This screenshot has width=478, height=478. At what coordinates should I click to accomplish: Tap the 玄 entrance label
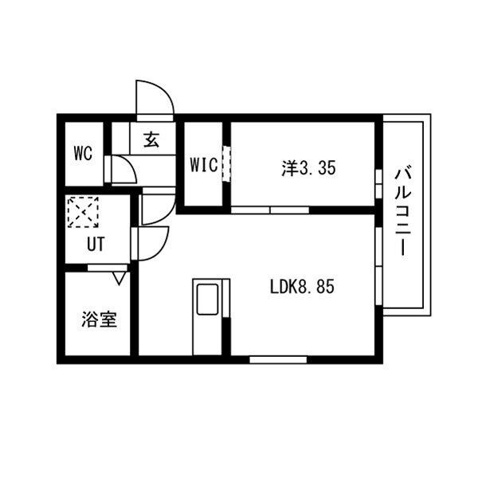pos(151,140)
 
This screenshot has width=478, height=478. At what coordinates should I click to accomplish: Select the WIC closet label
pos(202,166)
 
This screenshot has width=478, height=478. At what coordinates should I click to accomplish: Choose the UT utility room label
pos(96,245)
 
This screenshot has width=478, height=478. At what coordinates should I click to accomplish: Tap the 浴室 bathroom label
pos(100,320)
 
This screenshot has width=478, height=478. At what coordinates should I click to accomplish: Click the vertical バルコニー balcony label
pos(404,210)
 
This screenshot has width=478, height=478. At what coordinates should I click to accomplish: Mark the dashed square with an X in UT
pos(82,211)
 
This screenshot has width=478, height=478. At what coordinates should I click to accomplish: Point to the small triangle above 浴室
pos(119,278)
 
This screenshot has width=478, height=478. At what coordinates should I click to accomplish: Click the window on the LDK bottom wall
pos(278,359)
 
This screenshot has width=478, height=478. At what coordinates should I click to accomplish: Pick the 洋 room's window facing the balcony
pos(376,177)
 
